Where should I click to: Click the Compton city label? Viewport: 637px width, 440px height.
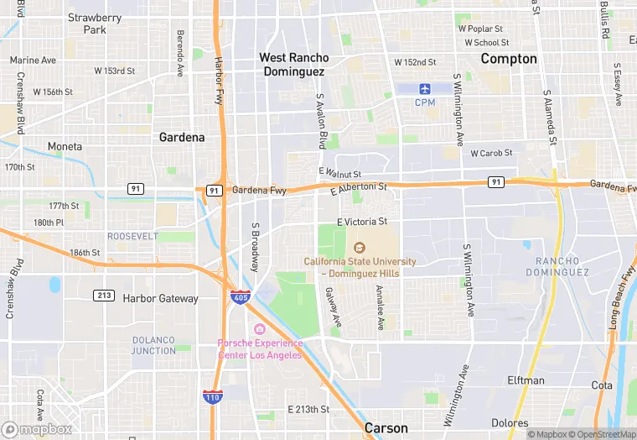point(508,59)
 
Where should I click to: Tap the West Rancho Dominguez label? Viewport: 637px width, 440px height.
point(293,65)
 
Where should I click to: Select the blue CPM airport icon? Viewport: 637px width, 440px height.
point(425,88)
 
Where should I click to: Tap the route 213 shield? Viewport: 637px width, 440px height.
point(104,295)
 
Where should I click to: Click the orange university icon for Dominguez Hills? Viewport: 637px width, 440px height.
point(360,247)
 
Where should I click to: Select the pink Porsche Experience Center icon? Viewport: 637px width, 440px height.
point(260,327)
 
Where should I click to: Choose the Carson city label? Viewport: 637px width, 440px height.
point(386,428)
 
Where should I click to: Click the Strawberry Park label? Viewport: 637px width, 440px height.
point(95,24)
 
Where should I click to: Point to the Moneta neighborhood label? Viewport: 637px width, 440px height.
point(65,146)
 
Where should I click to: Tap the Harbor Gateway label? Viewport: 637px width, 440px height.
point(160,298)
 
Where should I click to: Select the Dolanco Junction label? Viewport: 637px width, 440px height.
point(153,345)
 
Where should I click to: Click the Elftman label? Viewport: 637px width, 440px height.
point(526,380)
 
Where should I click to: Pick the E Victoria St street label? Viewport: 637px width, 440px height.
point(362,222)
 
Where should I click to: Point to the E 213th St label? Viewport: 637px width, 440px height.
point(308,409)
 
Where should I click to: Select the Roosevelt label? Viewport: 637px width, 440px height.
point(132,237)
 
